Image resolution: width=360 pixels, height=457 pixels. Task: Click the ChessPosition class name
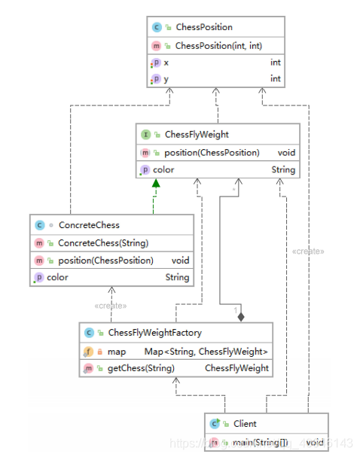click(x=203, y=27)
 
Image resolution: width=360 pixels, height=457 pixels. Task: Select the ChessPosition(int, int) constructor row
click(x=212, y=46)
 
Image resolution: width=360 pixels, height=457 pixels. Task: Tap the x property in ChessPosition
click(x=166, y=62)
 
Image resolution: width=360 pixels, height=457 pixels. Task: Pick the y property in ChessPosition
click(x=166, y=78)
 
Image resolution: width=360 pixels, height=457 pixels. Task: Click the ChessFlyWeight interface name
click(x=196, y=135)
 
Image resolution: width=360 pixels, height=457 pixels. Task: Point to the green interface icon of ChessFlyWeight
click(x=145, y=135)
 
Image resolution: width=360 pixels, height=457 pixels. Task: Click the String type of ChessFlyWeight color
click(x=283, y=169)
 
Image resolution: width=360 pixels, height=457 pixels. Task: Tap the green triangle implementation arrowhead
click(x=155, y=184)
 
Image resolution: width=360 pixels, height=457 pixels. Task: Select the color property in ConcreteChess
click(x=57, y=277)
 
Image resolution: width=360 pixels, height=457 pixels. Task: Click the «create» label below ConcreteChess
click(x=111, y=306)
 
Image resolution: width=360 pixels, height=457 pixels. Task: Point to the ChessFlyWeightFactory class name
click(x=154, y=332)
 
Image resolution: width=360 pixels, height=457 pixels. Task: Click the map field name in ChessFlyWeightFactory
click(x=116, y=351)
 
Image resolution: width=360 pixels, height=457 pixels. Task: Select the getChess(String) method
click(x=141, y=368)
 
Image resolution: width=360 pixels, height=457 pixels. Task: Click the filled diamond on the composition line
click(x=241, y=316)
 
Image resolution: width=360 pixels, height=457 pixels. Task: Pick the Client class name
click(x=245, y=424)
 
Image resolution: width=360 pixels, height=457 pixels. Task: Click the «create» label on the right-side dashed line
click(x=308, y=251)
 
